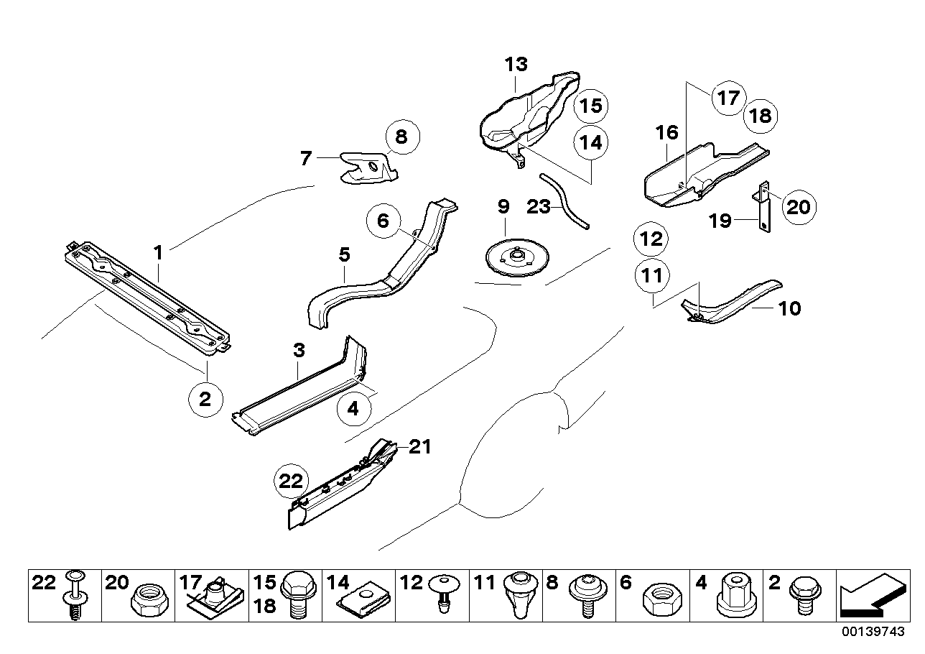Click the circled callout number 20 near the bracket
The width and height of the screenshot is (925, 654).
click(798, 207)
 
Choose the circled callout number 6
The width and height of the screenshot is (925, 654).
click(383, 221)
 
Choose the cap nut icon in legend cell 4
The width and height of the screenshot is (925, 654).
click(734, 595)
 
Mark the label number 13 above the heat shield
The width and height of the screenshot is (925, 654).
click(516, 64)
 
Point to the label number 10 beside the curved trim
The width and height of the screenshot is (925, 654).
click(789, 308)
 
